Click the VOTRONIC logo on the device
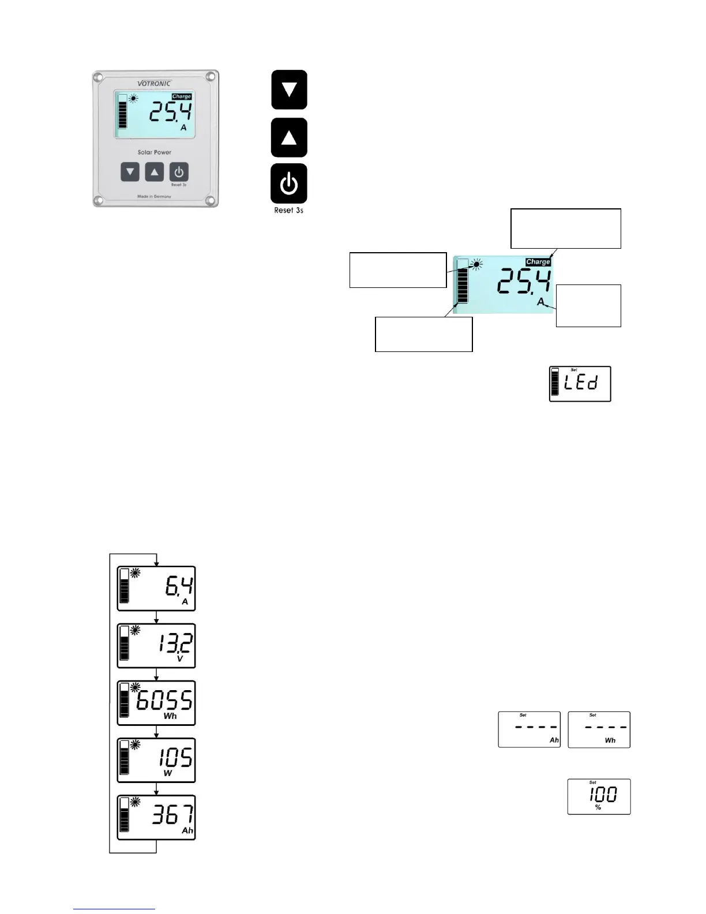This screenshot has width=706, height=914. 154,83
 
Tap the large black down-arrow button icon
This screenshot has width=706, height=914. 289,90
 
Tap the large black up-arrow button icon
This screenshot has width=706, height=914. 289,138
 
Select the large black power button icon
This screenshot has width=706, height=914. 289,184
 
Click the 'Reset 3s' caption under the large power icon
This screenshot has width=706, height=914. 288,211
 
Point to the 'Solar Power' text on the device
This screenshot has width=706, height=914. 154,152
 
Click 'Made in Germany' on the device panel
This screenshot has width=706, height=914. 154,197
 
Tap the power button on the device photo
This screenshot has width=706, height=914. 179,172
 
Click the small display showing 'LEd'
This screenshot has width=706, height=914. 580,384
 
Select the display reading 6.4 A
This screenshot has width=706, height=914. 156,589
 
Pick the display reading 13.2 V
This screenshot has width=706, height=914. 156,646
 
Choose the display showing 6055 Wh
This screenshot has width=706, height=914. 156,703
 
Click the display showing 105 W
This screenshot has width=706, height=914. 156,760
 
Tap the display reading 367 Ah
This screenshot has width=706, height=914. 156,817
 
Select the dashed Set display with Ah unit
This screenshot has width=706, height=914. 529,729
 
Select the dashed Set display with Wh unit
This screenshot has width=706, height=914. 599,729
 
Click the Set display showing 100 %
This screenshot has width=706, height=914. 599,796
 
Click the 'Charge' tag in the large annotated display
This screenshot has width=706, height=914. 538,262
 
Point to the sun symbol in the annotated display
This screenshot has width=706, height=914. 476,265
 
